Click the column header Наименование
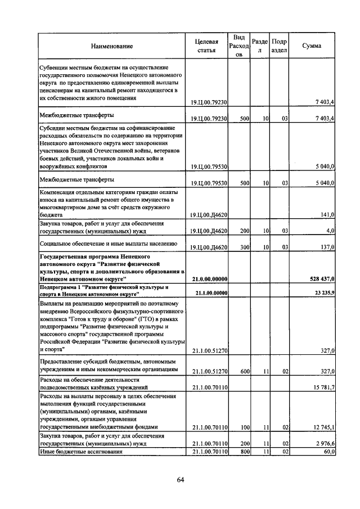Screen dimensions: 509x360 [110, 46]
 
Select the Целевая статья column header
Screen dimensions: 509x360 [206, 46]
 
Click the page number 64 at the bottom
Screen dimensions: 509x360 [181, 480]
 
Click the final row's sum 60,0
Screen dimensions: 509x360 [329, 452]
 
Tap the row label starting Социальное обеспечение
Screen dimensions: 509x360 [108, 244]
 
